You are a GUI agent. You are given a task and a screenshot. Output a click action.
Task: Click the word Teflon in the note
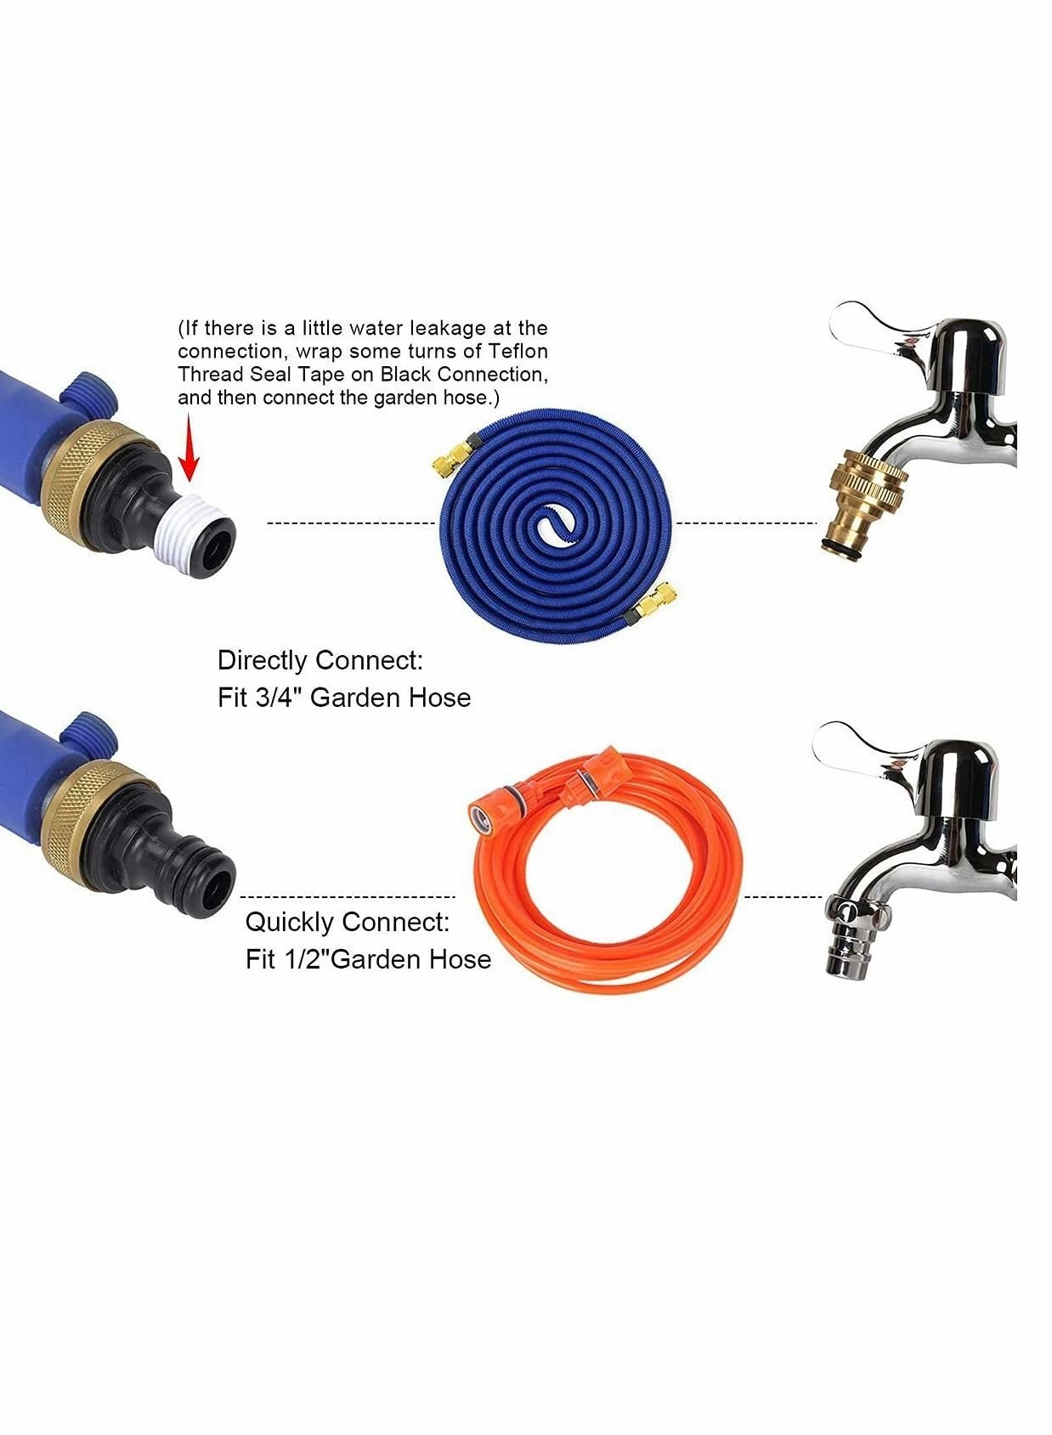point(518,351)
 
